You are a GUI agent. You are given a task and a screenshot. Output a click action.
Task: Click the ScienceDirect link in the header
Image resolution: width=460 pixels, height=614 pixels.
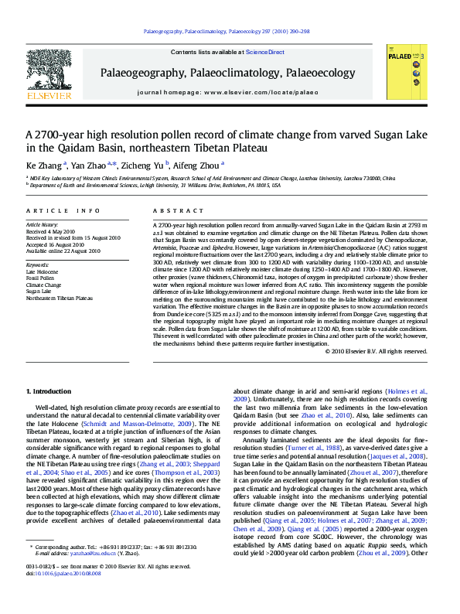(265, 53)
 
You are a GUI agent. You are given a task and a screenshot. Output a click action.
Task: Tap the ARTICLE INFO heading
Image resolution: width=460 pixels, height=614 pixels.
(63, 210)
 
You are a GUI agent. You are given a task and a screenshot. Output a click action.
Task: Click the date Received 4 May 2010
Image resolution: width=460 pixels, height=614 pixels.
(52, 231)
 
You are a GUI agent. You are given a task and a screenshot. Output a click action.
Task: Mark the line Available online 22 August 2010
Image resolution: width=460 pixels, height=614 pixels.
(63, 251)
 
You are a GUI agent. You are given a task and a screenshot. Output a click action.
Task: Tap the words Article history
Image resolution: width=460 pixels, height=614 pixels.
(43, 225)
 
